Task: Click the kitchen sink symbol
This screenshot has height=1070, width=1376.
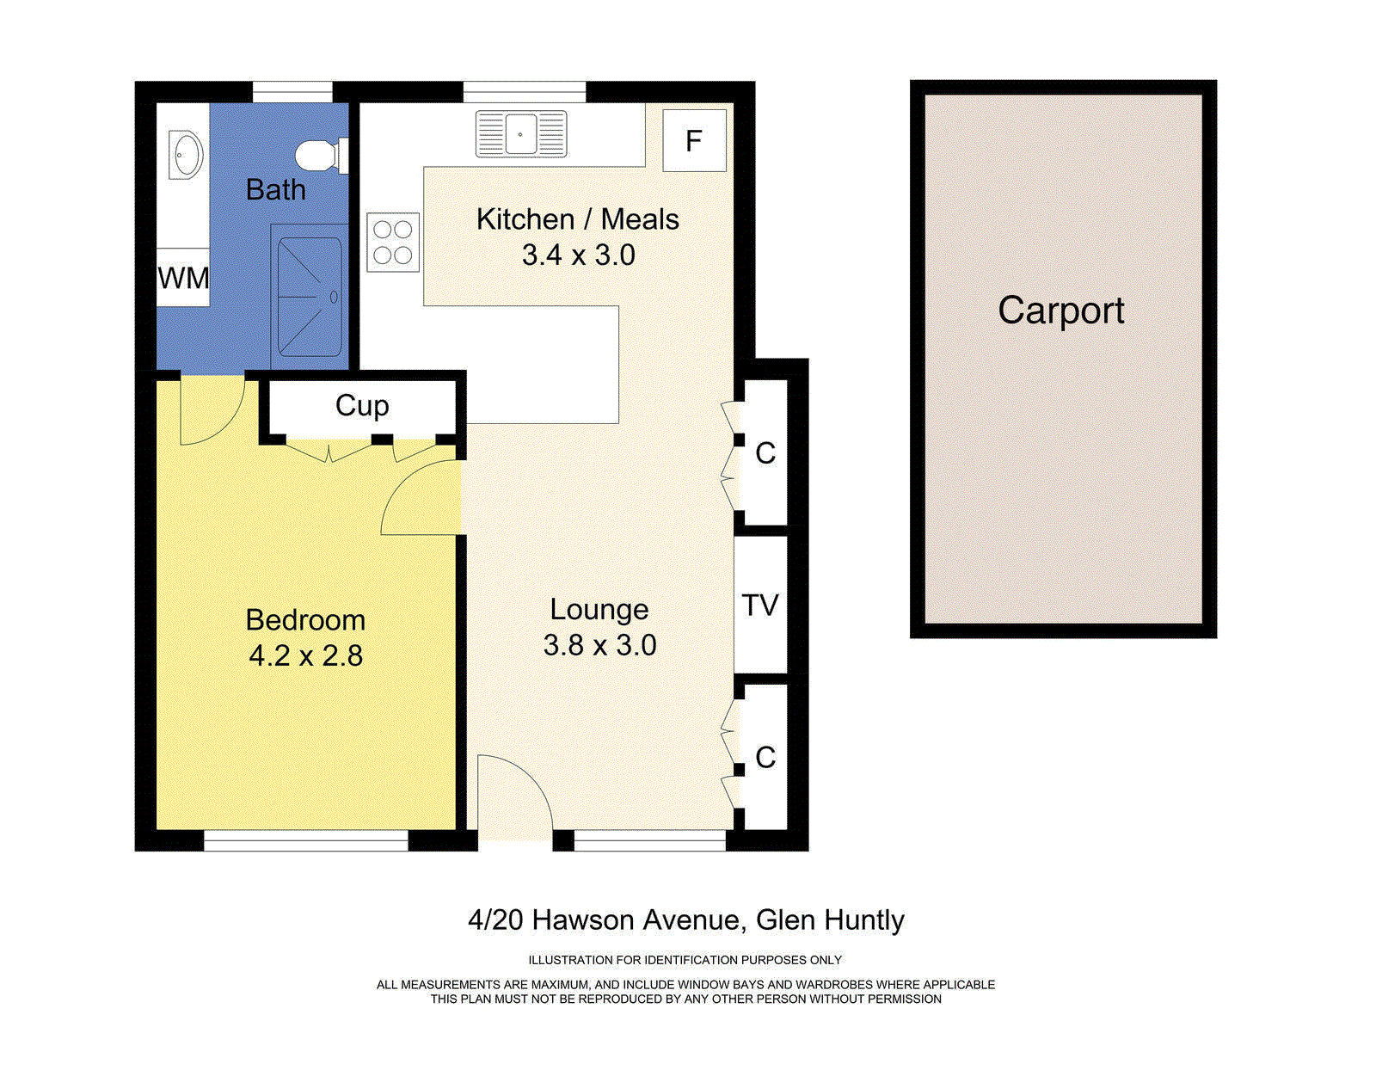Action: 521,134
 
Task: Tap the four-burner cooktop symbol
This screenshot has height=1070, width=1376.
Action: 393,243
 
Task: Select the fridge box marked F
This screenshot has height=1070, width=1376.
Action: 694,140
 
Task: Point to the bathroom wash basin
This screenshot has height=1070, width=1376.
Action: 185,155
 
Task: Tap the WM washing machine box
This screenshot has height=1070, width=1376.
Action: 183,278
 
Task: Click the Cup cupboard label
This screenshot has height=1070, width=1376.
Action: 362,405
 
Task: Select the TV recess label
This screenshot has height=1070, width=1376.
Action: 760,606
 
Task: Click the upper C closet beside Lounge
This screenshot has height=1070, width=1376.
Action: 765,453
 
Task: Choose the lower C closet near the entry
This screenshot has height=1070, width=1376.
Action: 765,758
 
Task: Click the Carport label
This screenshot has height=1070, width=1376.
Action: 1061,311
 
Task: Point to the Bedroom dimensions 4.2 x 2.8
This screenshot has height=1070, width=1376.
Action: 305,656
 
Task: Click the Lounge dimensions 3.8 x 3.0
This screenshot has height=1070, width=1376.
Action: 599,645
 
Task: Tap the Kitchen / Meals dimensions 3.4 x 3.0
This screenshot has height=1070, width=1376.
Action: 578,255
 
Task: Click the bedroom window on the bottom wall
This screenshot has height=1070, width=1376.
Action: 305,840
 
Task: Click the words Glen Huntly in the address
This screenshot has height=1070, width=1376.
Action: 830,920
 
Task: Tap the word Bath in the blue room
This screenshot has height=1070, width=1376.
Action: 275,189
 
